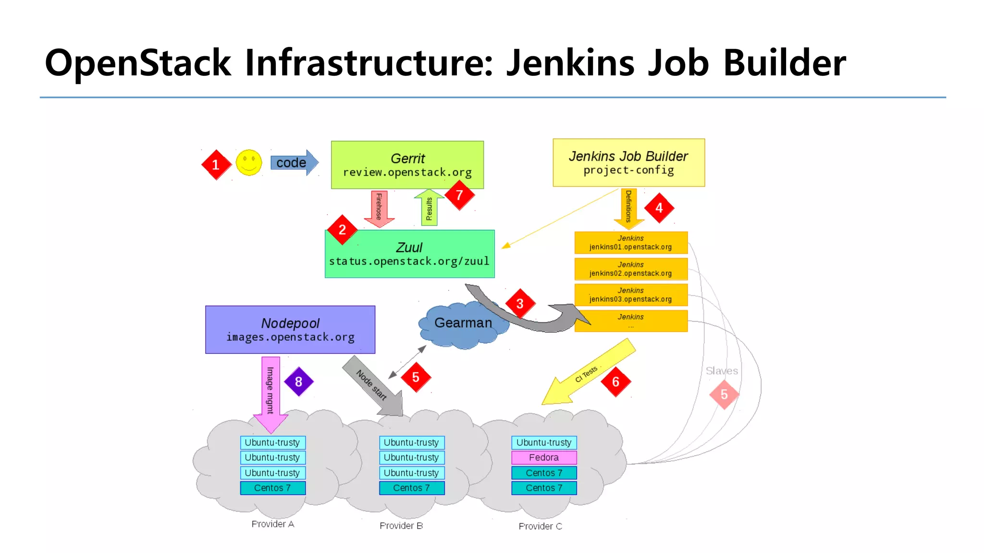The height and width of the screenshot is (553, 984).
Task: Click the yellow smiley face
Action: point(249,163)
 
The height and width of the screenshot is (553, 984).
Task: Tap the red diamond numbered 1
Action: point(216,165)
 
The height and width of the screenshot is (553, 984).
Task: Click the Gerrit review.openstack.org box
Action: point(407,165)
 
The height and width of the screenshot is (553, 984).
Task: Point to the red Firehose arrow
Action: point(379,208)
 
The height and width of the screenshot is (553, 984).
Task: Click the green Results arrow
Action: point(429,207)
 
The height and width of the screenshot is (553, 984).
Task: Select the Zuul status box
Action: point(409,254)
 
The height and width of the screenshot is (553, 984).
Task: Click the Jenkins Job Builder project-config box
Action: point(628,163)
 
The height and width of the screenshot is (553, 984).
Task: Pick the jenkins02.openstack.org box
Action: point(630,269)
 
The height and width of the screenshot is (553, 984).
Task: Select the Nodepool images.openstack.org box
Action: point(290,330)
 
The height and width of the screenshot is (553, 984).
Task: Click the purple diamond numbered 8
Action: point(298,382)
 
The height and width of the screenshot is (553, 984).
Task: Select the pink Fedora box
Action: point(543,457)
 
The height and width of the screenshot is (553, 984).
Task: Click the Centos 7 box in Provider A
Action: point(272,488)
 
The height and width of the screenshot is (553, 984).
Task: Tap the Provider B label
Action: point(401,526)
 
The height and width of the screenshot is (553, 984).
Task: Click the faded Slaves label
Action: point(721,371)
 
